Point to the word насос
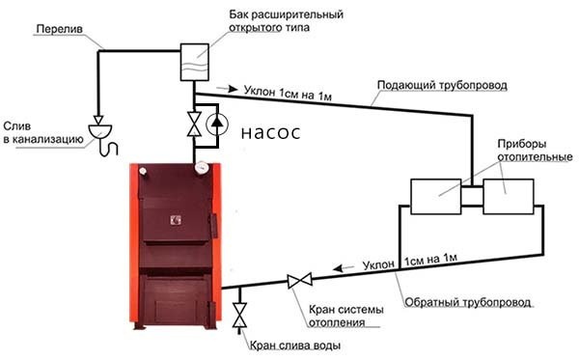(270, 133)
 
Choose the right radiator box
(510, 195)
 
